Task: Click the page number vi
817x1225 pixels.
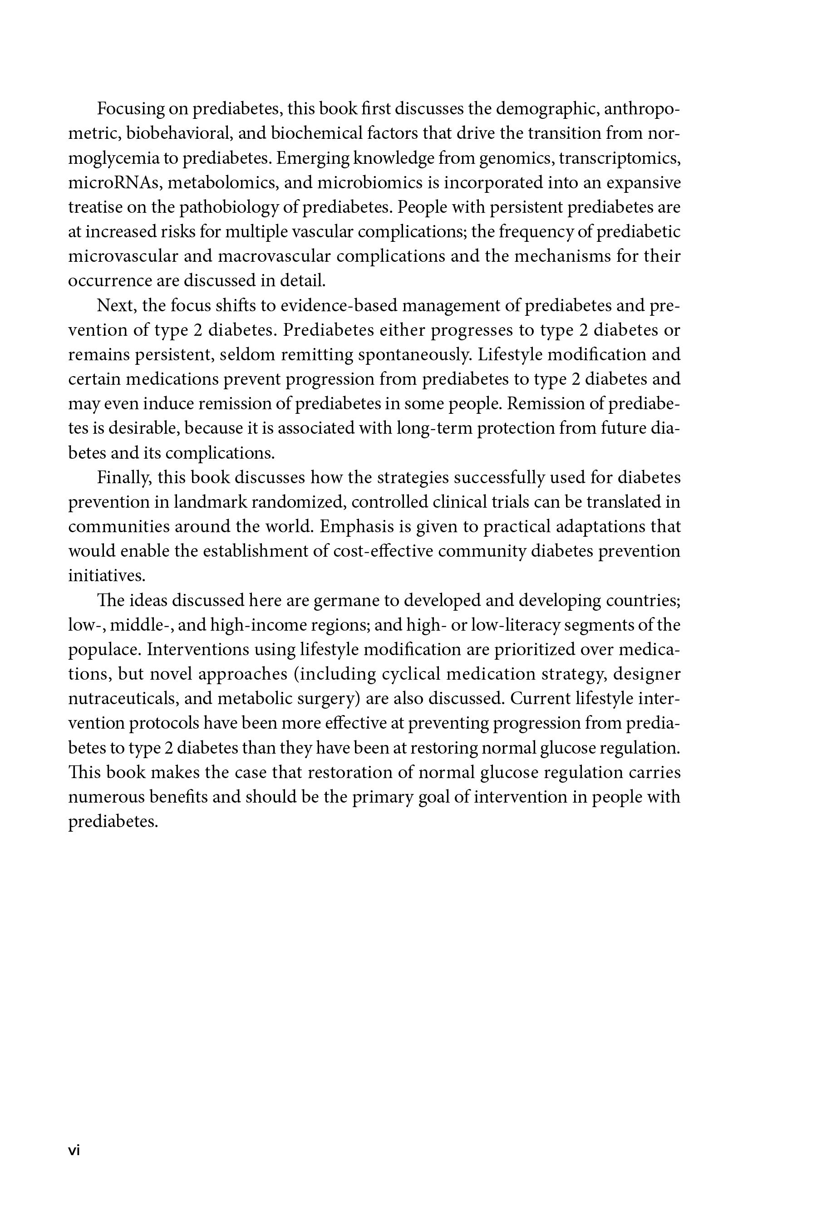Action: click(x=74, y=1151)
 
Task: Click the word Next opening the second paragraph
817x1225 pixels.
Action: click(x=117, y=306)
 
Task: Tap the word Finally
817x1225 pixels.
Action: click(x=124, y=478)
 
